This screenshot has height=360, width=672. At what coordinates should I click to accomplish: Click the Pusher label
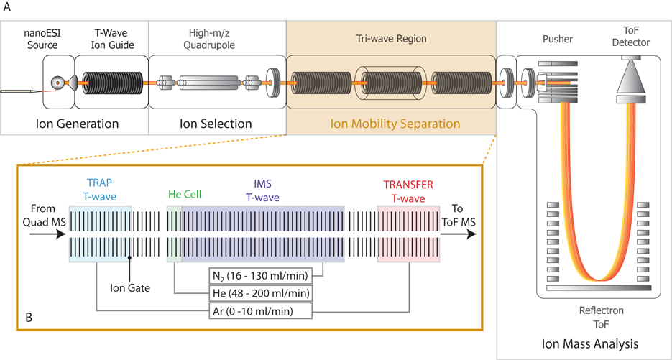(x=558, y=39)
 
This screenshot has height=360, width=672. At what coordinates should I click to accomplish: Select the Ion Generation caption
(x=77, y=124)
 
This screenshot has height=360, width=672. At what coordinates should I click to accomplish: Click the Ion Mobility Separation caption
(x=395, y=124)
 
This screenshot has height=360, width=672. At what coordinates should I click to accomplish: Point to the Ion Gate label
(x=129, y=287)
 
